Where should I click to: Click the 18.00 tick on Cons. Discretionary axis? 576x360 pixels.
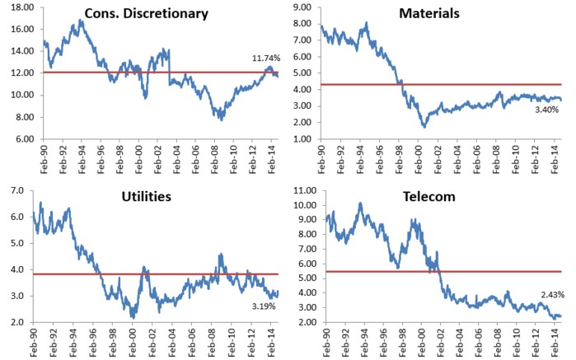pos(19,7)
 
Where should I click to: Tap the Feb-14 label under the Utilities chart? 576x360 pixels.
pos(270,342)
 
